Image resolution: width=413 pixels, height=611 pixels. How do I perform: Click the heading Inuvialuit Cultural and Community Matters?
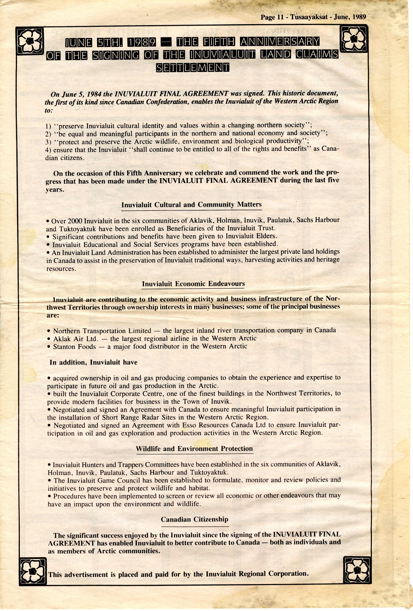pos(191,205)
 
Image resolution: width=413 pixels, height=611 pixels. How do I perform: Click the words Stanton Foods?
pos(74,347)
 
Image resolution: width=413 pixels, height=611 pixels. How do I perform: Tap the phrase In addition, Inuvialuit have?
pos(93,362)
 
